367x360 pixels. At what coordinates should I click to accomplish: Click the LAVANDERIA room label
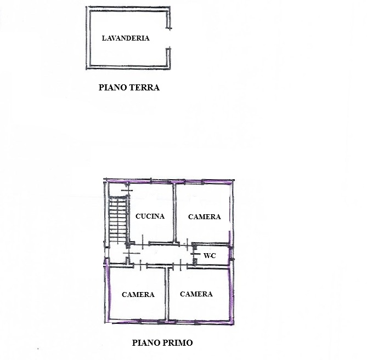pos(126,38)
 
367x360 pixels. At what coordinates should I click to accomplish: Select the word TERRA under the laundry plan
pos(144,88)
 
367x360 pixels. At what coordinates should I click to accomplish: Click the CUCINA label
pos(150,216)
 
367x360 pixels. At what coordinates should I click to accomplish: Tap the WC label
pos(210,256)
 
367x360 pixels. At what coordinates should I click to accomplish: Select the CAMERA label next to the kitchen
pos(205,216)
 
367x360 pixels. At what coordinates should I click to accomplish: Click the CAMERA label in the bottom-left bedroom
pos(138,295)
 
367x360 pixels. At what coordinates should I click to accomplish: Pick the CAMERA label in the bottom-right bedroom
pos(196,294)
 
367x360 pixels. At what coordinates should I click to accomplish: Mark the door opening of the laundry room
pos(168,38)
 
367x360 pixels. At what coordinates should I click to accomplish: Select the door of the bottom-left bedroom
pos(140,265)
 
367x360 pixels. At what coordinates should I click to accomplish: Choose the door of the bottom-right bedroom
pos(180,265)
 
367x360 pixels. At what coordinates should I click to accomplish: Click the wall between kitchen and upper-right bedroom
pos(174,213)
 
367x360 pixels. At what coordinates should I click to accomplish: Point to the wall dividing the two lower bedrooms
pos(167,294)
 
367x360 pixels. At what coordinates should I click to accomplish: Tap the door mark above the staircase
pos(127,190)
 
